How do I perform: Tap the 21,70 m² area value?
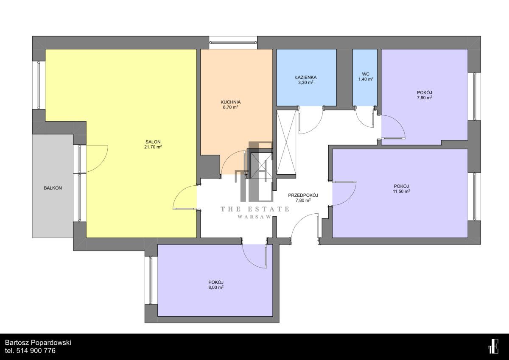click(x=153, y=147)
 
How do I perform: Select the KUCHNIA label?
click(x=230, y=102)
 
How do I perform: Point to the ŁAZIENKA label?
click(x=306, y=77)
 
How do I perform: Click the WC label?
click(x=366, y=74)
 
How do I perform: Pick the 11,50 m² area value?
click(x=402, y=191)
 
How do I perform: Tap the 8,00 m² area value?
click(x=216, y=287)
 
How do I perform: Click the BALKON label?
click(x=53, y=188)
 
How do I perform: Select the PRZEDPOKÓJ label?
click(x=303, y=195)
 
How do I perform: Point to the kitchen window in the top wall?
click(x=233, y=42)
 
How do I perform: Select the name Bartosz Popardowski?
click(x=38, y=343)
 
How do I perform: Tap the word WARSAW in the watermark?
click(x=254, y=217)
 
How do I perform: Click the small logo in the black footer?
click(x=493, y=346)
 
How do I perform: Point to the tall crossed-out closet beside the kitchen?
click(x=286, y=142)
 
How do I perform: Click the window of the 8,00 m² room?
click(x=151, y=280)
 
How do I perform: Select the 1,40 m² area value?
click(x=366, y=79)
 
